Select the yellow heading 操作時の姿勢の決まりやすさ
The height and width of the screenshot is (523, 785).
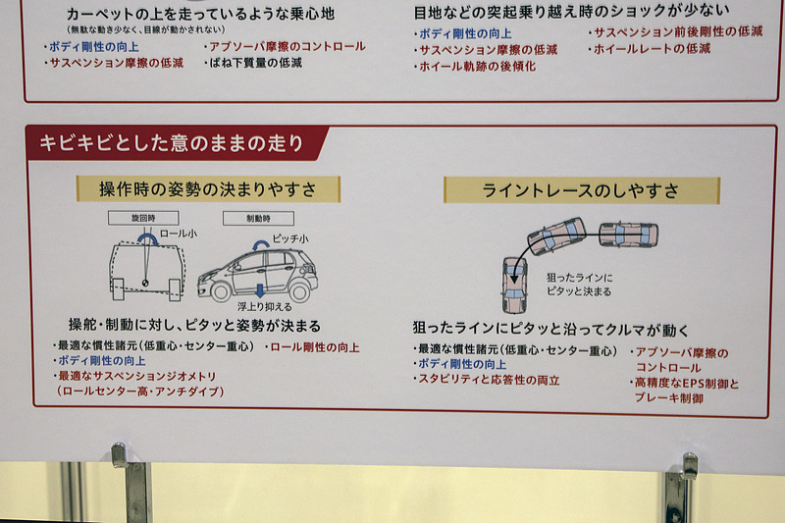208,188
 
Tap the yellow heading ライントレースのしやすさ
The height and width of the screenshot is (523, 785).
581,190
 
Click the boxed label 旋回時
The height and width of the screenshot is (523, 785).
143,217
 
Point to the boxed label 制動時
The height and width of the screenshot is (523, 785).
244,218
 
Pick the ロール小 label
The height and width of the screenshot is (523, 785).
179,235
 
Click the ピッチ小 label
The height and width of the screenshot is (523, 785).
290,238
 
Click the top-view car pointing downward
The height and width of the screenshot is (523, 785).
514,279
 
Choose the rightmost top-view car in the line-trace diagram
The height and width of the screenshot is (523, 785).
628,235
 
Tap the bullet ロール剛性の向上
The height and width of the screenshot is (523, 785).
313,347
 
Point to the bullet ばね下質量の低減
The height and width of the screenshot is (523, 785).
252,63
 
